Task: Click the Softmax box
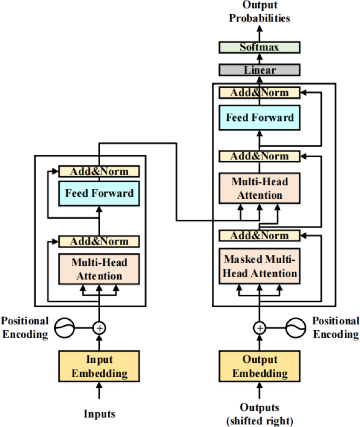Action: [x=259, y=47]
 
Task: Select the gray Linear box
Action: [x=259, y=70]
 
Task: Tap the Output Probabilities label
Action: [x=259, y=12]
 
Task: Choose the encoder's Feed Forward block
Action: [x=99, y=193]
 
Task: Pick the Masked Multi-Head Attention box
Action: [x=259, y=267]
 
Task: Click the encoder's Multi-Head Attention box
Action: [x=99, y=269]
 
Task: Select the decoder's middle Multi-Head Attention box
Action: [x=259, y=188]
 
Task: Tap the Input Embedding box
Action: [x=99, y=367]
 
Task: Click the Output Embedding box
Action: [x=259, y=367]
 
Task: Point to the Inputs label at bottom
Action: [x=99, y=413]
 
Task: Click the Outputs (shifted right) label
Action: [x=259, y=413]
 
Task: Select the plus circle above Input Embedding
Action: [x=99, y=328]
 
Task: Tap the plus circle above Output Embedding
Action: [x=259, y=328]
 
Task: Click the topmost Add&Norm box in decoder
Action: [x=259, y=93]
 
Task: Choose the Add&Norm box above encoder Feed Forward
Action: [x=99, y=171]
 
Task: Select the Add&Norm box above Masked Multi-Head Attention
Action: [x=259, y=235]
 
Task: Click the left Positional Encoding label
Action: [x=25, y=327]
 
